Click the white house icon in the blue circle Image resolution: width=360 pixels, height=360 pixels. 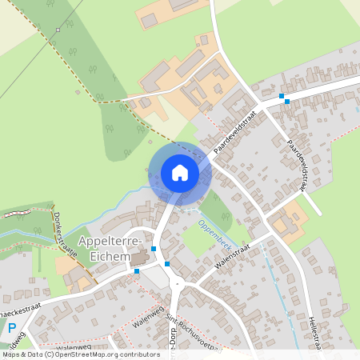click(x=179, y=173)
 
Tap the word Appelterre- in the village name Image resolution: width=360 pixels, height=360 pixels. click(x=110, y=242)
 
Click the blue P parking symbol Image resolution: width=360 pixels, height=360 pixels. click(x=11, y=328)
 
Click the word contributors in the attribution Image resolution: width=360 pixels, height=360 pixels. click(x=138, y=354)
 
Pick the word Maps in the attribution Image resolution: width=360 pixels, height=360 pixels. click(x=11, y=354)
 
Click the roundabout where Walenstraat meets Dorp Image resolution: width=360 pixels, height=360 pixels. click(x=178, y=282)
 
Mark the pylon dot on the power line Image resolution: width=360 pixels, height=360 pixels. click(x=58, y=30)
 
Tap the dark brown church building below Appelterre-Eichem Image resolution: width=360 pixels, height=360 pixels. click(x=139, y=258)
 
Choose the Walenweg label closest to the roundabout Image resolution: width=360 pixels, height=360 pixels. click(x=149, y=319)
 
